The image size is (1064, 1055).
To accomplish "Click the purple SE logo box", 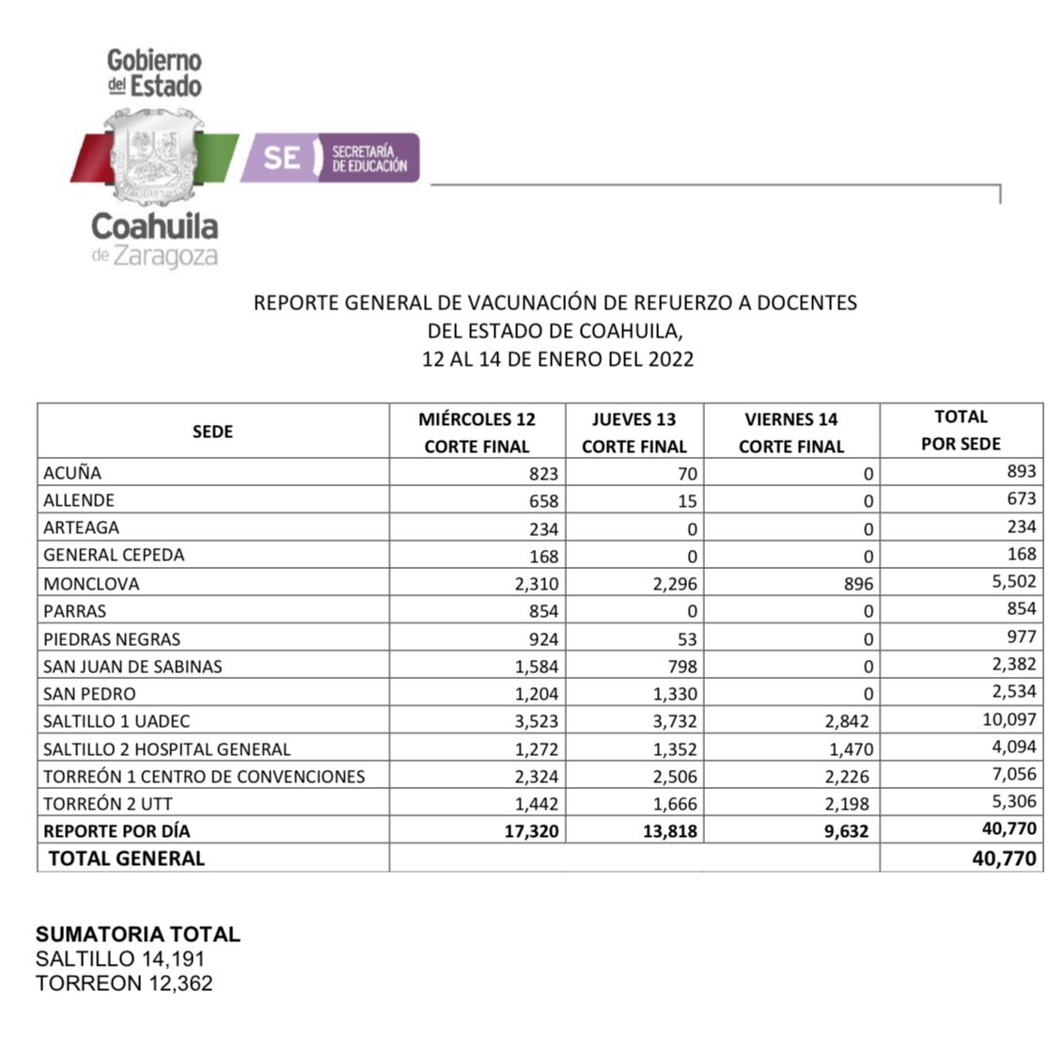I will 329,157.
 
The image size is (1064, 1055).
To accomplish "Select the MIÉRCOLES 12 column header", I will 477,432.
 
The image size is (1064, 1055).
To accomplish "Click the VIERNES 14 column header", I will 790,432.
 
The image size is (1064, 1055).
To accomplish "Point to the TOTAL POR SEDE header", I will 961,430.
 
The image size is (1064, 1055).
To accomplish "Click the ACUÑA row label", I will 72,472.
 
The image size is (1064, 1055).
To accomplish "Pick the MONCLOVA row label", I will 91,583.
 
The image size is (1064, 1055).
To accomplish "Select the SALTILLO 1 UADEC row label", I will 117,721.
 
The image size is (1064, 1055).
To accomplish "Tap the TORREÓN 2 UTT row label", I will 108,803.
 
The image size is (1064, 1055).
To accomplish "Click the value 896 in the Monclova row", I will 857,584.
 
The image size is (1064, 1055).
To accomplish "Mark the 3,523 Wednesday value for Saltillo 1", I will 536,721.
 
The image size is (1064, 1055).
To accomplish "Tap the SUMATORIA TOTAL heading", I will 138,934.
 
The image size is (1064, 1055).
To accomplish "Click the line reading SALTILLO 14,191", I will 120,959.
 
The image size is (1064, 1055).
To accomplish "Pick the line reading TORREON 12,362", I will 124,984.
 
